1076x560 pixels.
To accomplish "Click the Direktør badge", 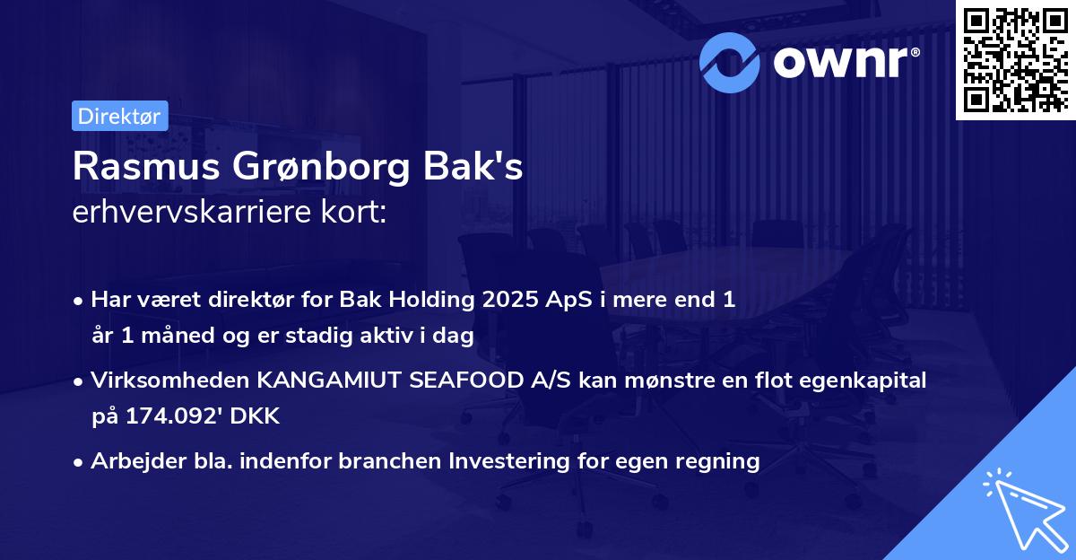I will click(x=119, y=116).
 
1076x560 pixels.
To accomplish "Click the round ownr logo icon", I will click(x=730, y=63).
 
